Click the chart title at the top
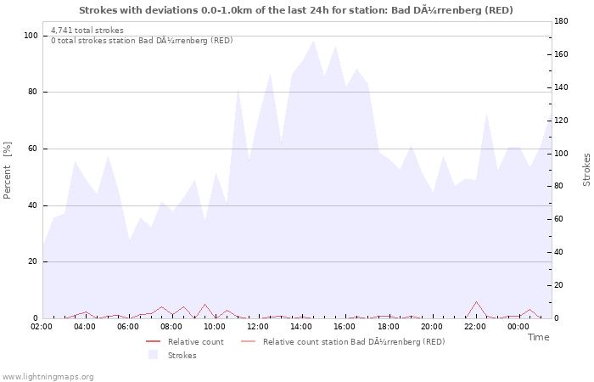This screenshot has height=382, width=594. pyautogui.click(x=296, y=10)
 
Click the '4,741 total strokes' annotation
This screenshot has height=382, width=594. pyautogui.click(x=87, y=31)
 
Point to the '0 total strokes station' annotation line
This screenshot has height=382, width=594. pyautogui.click(x=142, y=41)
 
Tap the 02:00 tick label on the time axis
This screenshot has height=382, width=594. pyautogui.click(x=42, y=326)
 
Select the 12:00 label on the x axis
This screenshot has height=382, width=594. pyautogui.click(x=259, y=326)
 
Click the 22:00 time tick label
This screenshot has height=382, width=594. pyautogui.click(x=475, y=326)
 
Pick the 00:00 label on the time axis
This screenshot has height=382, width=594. pyautogui.click(x=518, y=326)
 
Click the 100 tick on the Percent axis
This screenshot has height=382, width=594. pyautogui.click(x=30, y=36)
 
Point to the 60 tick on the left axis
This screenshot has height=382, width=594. pyautogui.click(x=31, y=149)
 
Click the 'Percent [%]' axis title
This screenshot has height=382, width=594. pyautogui.click(x=8, y=170)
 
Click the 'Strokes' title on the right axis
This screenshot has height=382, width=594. pyautogui.click(x=586, y=170)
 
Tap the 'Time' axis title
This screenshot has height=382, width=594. pyautogui.click(x=538, y=337)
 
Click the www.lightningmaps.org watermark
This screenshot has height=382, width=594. pyautogui.click(x=48, y=376)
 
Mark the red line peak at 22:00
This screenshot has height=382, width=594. pyautogui.click(x=476, y=301)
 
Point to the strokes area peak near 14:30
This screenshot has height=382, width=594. pyautogui.click(x=313, y=40)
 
